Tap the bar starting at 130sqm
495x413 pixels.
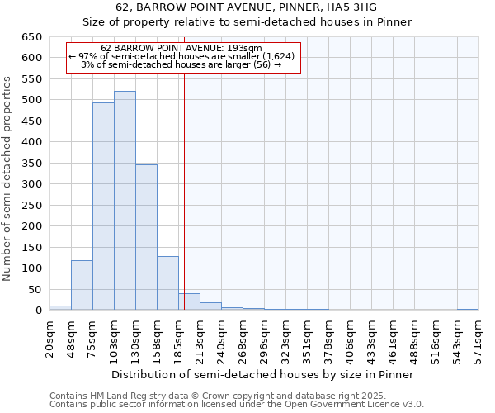(146, 237)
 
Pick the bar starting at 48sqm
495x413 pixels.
(82, 285)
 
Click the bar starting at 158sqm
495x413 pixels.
(167, 283)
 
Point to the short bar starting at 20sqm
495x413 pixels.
(60, 308)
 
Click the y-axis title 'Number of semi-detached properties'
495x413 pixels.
(8, 178)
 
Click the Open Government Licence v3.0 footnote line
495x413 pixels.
(237, 405)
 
